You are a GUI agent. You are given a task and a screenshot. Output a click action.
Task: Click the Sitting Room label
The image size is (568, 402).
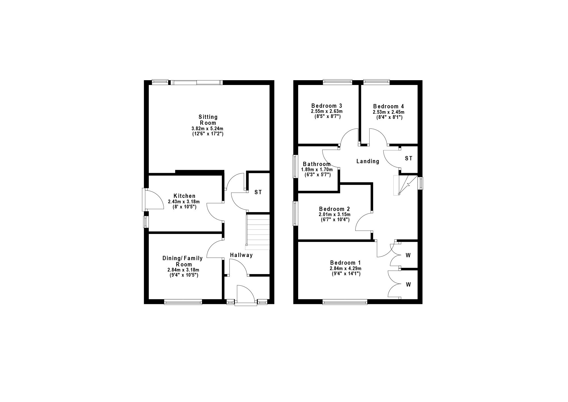point(208,120)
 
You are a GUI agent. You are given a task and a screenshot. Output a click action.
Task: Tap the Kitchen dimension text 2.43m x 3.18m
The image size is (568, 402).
point(184,202)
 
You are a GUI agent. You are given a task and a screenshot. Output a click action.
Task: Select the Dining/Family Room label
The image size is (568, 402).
point(183,261)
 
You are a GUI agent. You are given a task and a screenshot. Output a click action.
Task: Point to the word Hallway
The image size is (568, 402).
point(241,255)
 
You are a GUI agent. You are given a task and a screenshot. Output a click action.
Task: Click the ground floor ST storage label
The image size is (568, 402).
point(258,192)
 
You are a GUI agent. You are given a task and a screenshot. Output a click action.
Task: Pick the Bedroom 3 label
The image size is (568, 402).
point(327,106)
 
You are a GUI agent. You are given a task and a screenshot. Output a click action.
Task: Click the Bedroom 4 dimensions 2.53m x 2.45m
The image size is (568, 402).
point(389,112)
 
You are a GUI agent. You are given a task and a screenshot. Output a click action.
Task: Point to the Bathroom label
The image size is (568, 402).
point(317,164)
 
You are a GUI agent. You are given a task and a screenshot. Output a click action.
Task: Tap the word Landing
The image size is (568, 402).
point(368,161)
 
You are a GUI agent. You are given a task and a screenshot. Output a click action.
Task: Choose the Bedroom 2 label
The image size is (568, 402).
point(334,208)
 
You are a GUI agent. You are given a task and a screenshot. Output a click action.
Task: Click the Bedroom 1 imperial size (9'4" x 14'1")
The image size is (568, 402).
point(346,274)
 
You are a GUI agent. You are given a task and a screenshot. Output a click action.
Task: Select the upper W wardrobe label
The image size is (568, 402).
point(408,255)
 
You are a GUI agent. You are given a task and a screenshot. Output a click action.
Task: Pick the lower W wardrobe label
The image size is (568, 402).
point(408,285)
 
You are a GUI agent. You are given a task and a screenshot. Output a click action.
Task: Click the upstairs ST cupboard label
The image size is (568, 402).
point(408,159)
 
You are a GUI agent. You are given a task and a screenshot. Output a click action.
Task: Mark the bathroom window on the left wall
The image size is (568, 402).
point(295,166)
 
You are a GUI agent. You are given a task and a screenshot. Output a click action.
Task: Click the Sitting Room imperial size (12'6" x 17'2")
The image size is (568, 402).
point(208,134)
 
